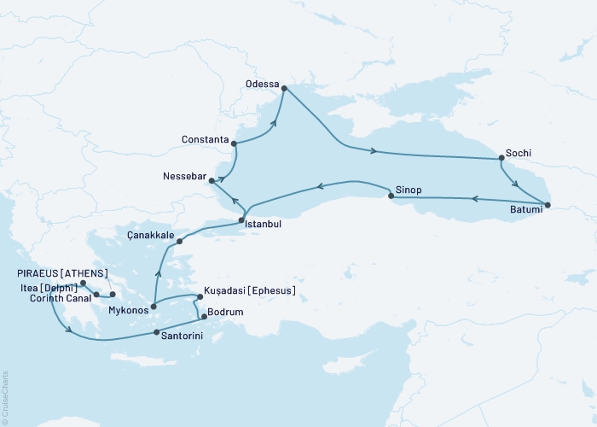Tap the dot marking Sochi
(501, 158)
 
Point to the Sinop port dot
(391, 197)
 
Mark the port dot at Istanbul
(242, 221)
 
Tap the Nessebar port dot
(212, 180)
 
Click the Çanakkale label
(150, 235)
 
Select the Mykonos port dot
(154, 307)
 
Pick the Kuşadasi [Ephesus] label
(250, 291)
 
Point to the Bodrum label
(226, 313)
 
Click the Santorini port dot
(155, 333)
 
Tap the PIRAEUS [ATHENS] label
(56, 273)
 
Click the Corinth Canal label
(59, 298)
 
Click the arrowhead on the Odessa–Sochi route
(373, 153)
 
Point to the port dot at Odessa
(284, 88)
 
